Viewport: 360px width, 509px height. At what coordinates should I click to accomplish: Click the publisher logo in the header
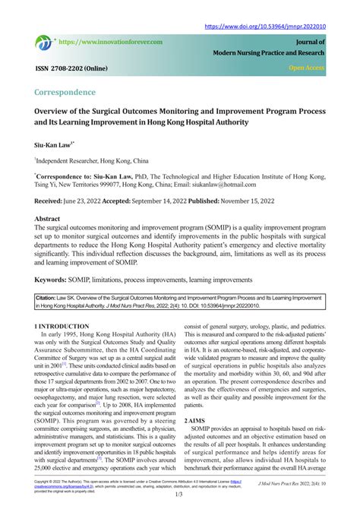pyautogui.click(x=43, y=43)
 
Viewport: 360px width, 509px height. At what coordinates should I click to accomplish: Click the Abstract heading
pyautogui.click(x=47, y=218)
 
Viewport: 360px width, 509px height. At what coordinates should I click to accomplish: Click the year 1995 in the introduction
pyautogui.click(x=74, y=334)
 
